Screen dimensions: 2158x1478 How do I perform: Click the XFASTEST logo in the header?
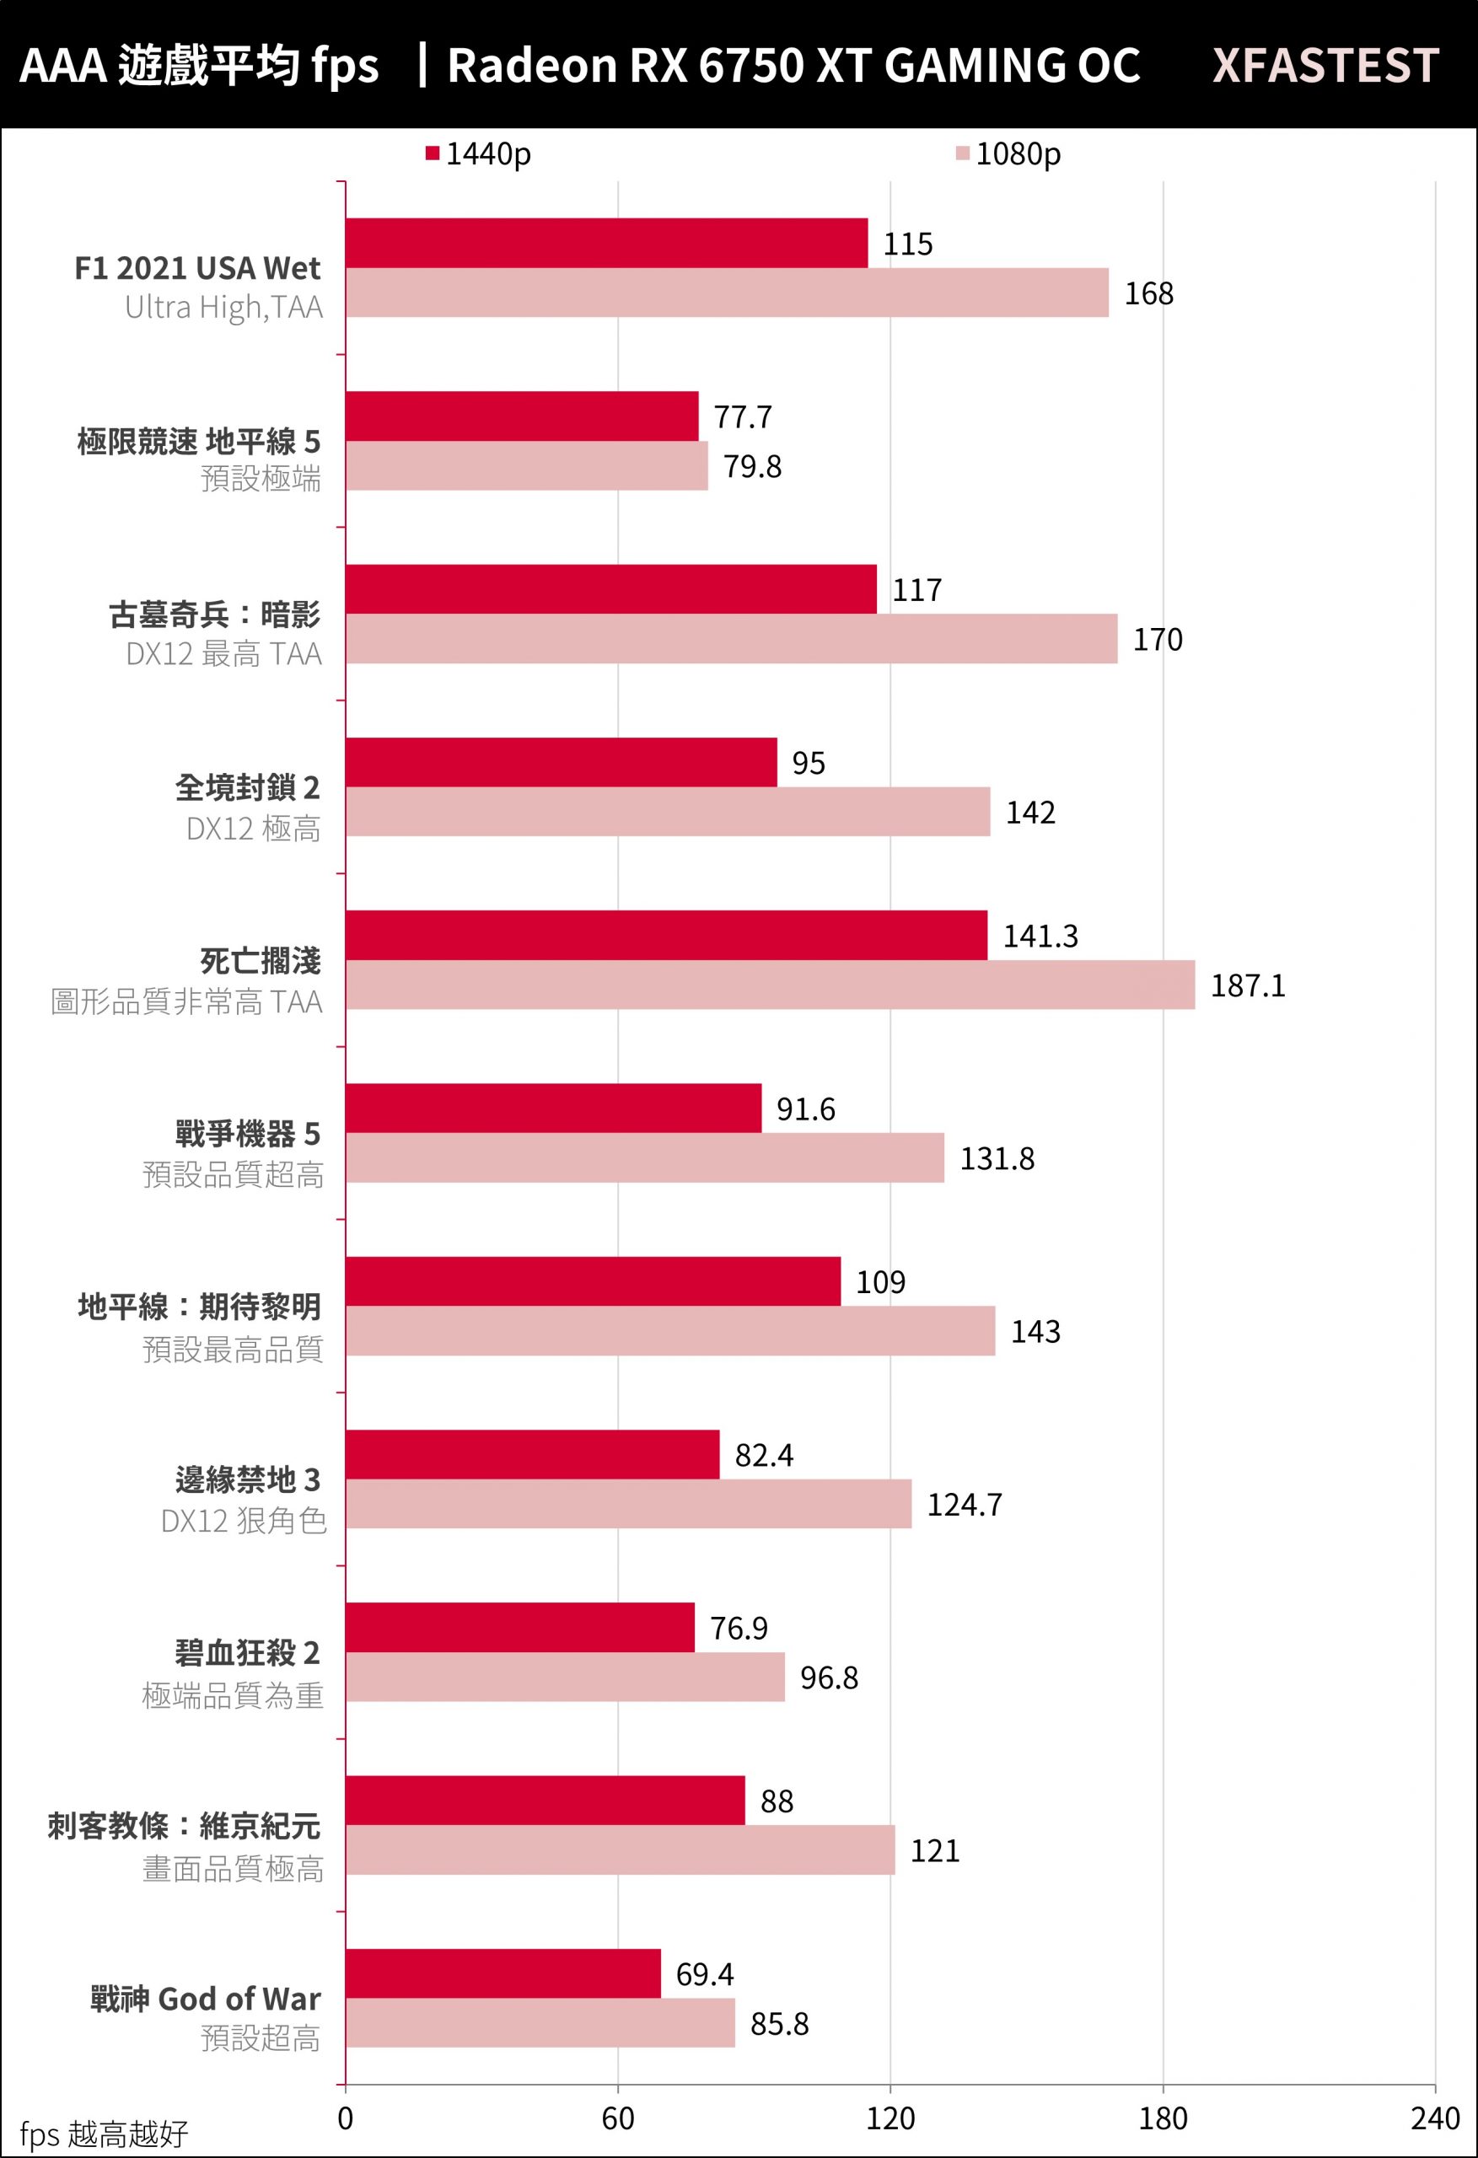[x=1325, y=66]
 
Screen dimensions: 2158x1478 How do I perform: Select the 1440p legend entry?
[x=478, y=154]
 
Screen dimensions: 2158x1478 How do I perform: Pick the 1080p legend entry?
[x=1008, y=154]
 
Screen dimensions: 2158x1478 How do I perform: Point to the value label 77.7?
[x=742, y=417]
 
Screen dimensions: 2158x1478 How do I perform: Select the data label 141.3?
[x=1040, y=936]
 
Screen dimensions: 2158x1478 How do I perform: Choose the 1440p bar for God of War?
[x=503, y=1974]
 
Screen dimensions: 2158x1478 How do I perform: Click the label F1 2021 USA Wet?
[x=197, y=268]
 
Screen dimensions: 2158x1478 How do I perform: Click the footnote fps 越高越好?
[x=103, y=2134]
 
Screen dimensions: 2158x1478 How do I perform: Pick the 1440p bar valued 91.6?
[x=553, y=1109]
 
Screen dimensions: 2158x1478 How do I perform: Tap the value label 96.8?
[x=829, y=1678]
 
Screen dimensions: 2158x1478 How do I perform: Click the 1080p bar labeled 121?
[x=620, y=1850]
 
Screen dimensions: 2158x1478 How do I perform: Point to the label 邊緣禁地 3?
[x=247, y=1479]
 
